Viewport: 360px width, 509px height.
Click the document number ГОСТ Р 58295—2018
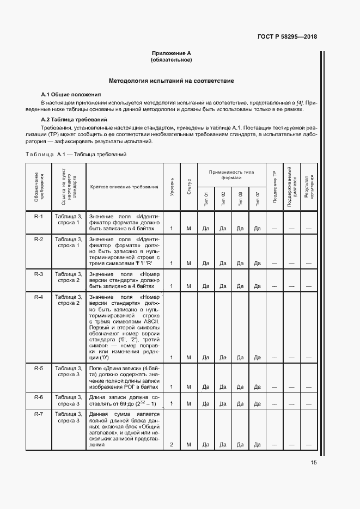click(x=287, y=37)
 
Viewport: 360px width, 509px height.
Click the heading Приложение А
click(x=172, y=53)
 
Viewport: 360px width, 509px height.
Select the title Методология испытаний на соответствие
click(x=172, y=81)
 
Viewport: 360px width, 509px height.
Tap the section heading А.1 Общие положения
click(x=71, y=94)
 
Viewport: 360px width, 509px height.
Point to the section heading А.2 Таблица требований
click(x=74, y=119)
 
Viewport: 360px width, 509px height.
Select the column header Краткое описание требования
click(x=124, y=187)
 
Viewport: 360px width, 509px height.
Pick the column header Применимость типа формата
click(x=231, y=174)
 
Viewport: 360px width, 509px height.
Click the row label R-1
click(x=39, y=216)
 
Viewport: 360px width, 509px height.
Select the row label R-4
click(x=39, y=297)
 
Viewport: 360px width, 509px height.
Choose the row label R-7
click(x=39, y=415)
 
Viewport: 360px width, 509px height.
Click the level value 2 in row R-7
click(x=172, y=445)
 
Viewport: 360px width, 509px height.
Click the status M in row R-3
click(x=188, y=286)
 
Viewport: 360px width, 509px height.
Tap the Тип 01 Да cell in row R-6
click(x=206, y=403)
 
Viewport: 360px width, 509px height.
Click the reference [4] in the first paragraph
click(x=299, y=102)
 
